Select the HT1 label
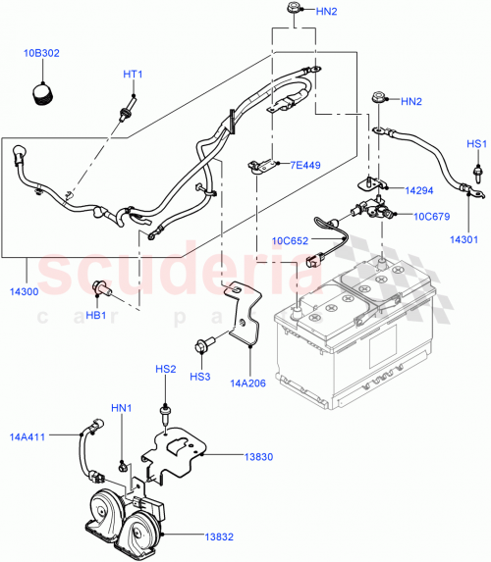point(133,75)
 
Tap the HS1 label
point(476,144)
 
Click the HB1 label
point(97,315)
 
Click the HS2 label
point(165,369)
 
